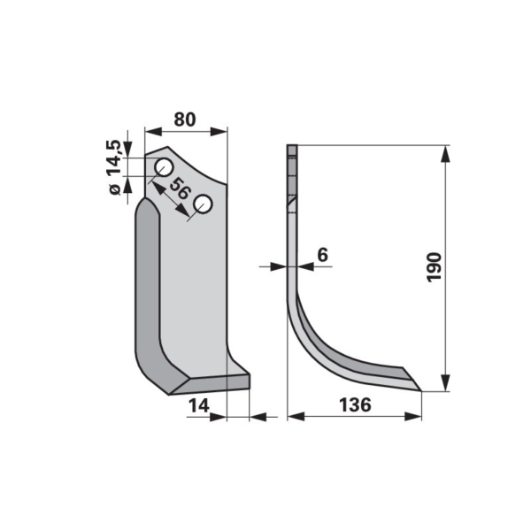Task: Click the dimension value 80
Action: pos(185,119)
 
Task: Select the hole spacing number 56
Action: pos(179,189)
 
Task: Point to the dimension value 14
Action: pos(199,405)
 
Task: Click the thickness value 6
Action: pos(323,255)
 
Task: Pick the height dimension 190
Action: pos(434,267)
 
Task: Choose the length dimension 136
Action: pos(355,405)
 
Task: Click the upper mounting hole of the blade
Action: pos(164,167)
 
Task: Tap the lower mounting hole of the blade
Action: pos(203,204)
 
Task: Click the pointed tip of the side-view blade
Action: pos(421,391)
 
